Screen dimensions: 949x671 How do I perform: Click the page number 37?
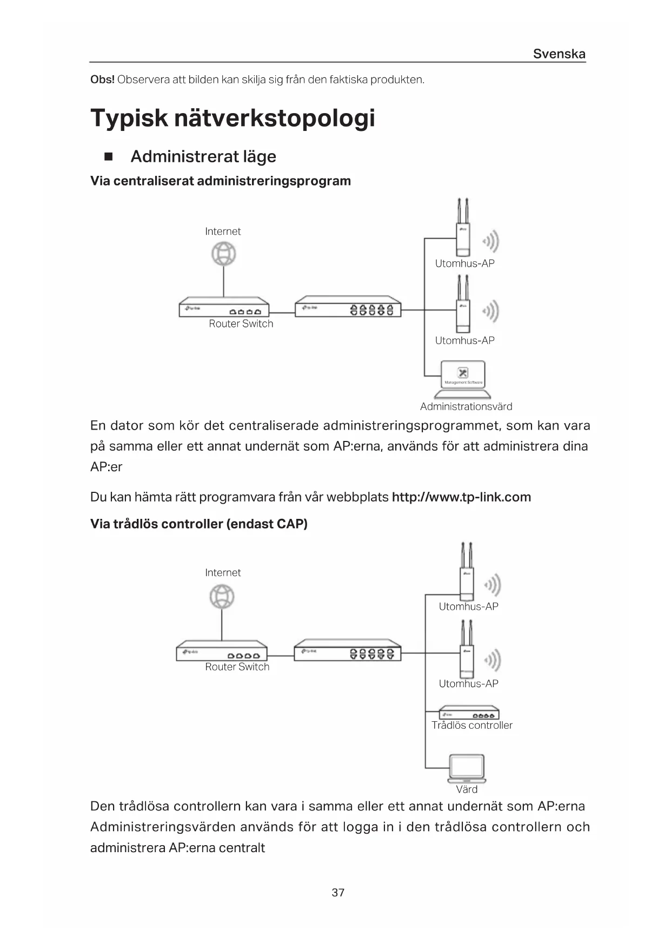click(x=338, y=892)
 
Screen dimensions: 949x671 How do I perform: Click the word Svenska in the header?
click(x=559, y=54)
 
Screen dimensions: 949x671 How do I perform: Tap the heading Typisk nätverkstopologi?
click(x=232, y=118)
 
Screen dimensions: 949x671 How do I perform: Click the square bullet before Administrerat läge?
click(x=109, y=157)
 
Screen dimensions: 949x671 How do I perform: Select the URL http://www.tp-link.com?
click(x=461, y=497)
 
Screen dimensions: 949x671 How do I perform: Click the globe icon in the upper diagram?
click(x=223, y=254)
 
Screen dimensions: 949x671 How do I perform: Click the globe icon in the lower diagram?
click(x=222, y=597)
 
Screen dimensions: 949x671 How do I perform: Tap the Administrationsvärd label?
click(x=466, y=406)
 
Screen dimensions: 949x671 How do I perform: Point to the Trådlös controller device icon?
click(x=468, y=713)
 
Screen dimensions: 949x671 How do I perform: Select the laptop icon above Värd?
click(x=467, y=768)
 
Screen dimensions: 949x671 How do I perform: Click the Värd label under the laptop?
click(x=467, y=789)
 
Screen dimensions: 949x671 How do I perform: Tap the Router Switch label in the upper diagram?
click(x=241, y=324)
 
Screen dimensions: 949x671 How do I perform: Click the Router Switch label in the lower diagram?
click(x=237, y=667)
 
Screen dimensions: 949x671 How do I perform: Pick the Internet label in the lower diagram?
click(x=223, y=572)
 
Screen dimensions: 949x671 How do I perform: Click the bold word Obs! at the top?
click(x=102, y=80)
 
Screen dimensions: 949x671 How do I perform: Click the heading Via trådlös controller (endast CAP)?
click(x=198, y=524)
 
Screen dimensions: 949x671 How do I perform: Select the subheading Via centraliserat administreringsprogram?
click(x=220, y=181)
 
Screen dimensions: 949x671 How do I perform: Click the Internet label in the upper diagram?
click(x=223, y=231)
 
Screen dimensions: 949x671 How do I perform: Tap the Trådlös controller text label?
click(x=471, y=725)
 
